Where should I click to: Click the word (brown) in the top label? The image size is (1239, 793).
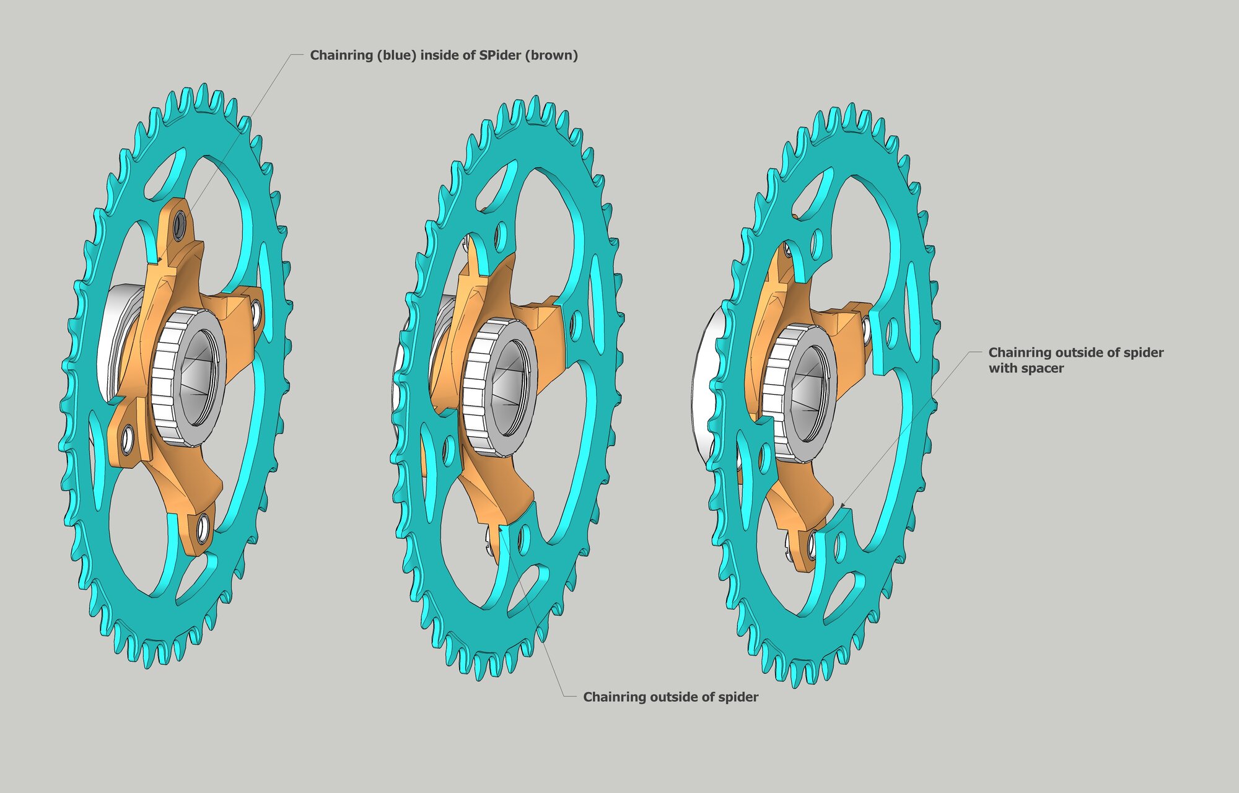551,55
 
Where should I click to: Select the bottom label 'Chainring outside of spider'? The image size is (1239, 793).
670,697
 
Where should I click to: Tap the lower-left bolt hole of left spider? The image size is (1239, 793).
126,440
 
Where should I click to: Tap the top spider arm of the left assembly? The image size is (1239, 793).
173,248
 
